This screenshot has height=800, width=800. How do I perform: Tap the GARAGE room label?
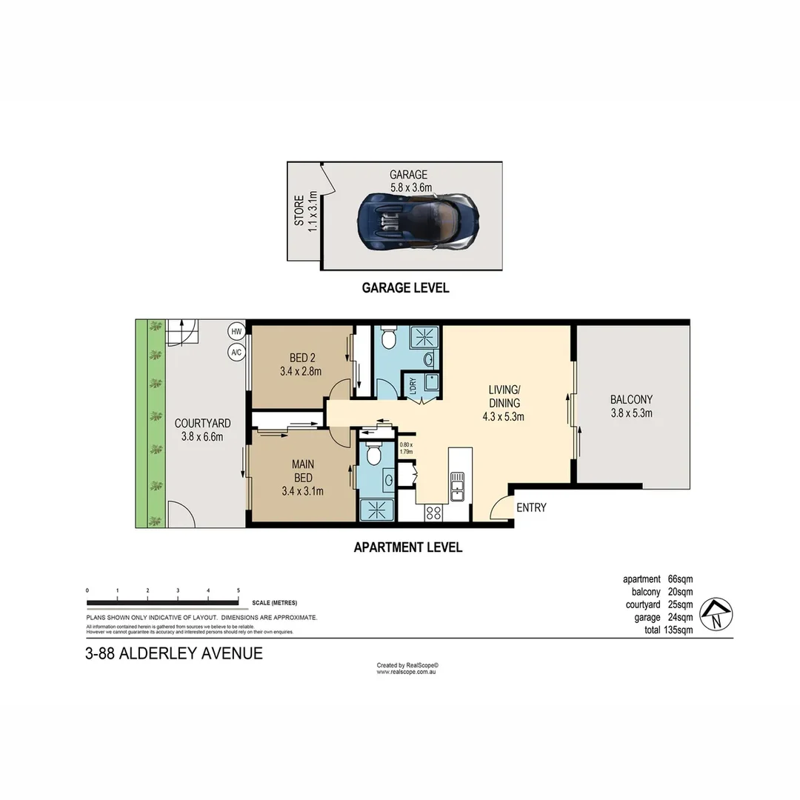[408, 175]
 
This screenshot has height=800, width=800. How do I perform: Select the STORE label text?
[299, 210]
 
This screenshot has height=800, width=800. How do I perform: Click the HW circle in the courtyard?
[236, 331]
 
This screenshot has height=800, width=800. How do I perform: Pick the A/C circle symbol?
[236, 353]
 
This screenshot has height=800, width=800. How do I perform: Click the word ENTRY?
[531, 507]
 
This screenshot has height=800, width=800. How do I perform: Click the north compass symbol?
[716, 614]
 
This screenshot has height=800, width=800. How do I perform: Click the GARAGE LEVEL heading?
[405, 287]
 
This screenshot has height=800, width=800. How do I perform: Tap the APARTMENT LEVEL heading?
[407, 547]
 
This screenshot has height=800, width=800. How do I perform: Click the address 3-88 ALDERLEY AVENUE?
[174, 653]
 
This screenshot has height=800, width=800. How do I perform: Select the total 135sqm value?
[679, 630]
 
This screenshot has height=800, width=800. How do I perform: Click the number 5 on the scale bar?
[238, 590]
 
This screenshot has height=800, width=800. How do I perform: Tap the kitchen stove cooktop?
[433, 512]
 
